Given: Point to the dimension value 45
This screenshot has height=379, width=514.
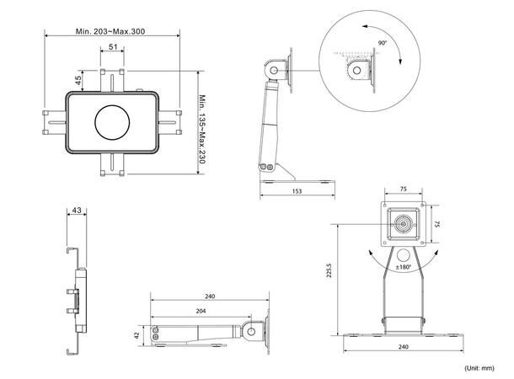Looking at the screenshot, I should pyautogui.click(x=78, y=81).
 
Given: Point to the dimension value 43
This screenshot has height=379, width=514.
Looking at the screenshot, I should pyautogui.click(x=78, y=210).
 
